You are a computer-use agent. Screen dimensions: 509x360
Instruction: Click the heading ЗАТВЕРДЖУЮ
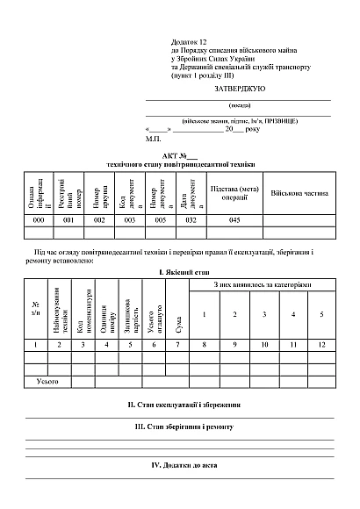pyautogui.click(x=234, y=90)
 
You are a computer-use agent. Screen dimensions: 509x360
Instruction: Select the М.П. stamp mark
pyautogui.click(x=154, y=138)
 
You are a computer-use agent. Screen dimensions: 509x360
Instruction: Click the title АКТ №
pyautogui.click(x=181, y=154)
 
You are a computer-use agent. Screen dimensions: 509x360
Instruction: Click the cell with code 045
pyautogui.click(x=234, y=220)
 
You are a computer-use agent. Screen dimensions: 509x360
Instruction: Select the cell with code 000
pyautogui.click(x=39, y=220)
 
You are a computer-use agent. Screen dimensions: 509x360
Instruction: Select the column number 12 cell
pyautogui.click(x=321, y=345)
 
